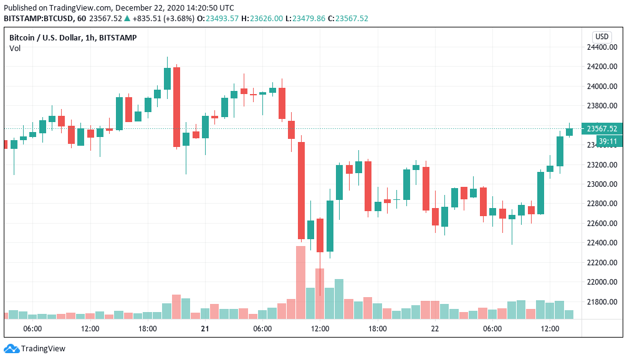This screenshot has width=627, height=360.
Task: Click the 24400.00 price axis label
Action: [601, 47]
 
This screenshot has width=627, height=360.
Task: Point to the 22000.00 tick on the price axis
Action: [601, 282]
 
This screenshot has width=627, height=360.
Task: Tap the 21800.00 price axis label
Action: [601, 302]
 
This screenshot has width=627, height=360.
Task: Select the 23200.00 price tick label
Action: [601, 164]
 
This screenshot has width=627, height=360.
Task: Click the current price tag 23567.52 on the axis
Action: [602, 129]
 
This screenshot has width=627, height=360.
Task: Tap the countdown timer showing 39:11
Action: [607, 141]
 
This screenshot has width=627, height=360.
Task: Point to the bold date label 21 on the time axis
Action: [204, 328]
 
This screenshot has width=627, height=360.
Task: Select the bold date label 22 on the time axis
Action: [434, 328]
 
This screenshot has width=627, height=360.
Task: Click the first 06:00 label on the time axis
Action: [32, 328]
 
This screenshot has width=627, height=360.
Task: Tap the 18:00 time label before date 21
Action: [147, 328]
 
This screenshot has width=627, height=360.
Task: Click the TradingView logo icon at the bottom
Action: [11, 349]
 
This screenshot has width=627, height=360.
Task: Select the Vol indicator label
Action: [14, 49]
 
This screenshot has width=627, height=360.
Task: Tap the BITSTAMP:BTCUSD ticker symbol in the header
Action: [39, 18]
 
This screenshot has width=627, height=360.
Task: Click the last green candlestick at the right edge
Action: [569, 131]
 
